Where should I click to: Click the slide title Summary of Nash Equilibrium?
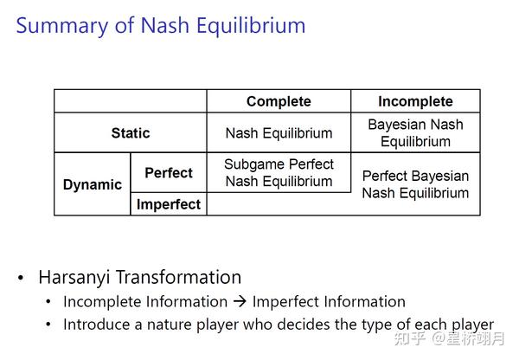point(161,25)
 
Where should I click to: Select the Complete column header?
point(279,101)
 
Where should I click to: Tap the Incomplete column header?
point(415,101)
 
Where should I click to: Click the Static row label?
point(130,133)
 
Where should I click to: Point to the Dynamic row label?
point(93,184)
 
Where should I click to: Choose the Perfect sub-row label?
point(169,173)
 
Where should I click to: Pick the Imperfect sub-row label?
point(169,204)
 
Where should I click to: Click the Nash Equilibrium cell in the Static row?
point(279,133)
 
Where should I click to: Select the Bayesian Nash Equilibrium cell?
point(415,133)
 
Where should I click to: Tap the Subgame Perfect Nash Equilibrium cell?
point(279,173)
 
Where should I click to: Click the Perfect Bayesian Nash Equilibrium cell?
point(415,184)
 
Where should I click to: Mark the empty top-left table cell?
point(130,101)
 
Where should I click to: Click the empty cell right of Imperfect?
point(279,204)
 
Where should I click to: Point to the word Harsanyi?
point(75,278)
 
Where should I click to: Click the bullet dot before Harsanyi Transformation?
point(21,279)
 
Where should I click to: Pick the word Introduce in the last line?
point(94,325)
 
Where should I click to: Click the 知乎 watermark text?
point(409,338)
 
